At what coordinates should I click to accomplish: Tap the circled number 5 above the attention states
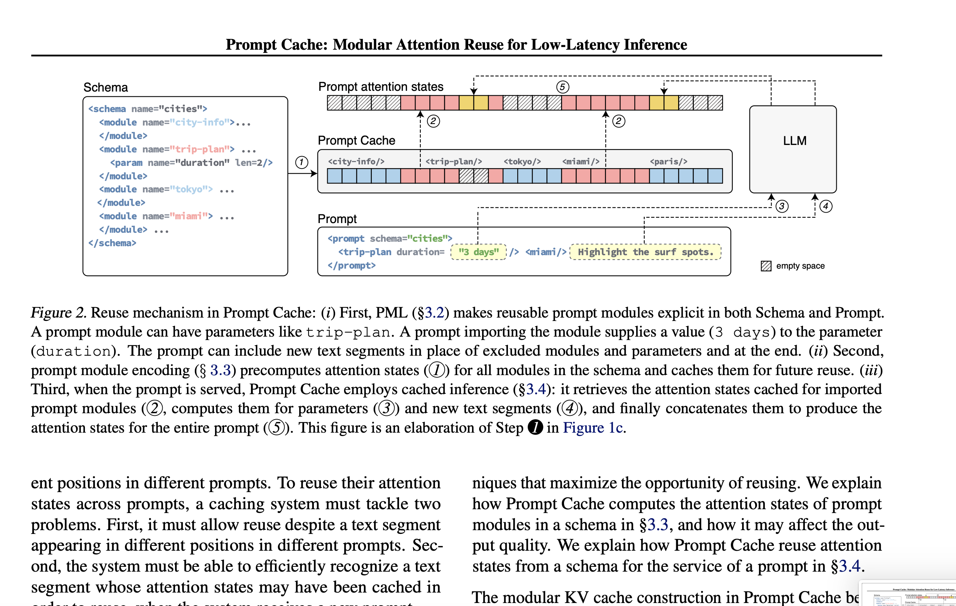click(x=562, y=87)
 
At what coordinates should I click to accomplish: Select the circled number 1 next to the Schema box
click(x=301, y=162)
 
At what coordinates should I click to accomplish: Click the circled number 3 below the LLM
click(x=782, y=206)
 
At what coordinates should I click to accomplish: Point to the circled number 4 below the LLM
click(x=826, y=206)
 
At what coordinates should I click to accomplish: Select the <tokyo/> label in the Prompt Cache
click(x=522, y=161)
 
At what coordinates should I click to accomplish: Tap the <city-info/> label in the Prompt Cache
click(x=356, y=161)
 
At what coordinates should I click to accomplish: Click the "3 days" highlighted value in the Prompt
click(x=478, y=252)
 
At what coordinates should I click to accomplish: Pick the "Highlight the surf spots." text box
click(x=645, y=252)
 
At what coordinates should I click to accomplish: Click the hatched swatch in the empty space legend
click(x=766, y=266)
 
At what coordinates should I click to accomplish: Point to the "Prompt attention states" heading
click(x=380, y=86)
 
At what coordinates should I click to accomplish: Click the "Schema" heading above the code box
click(x=105, y=87)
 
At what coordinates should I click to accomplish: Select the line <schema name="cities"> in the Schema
click(x=147, y=109)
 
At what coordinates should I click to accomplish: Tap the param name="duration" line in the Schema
click(x=191, y=163)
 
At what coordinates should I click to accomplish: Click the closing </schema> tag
click(x=112, y=243)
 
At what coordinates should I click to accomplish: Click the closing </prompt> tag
click(x=351, y=265)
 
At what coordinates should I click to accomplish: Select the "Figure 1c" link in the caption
click(x=593, y=427)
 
